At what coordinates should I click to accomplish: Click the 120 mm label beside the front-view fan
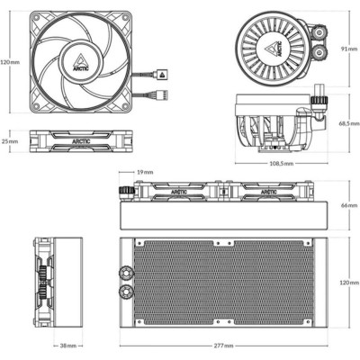(x=9, y=62)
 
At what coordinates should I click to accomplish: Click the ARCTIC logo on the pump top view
(x=276, y=42)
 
